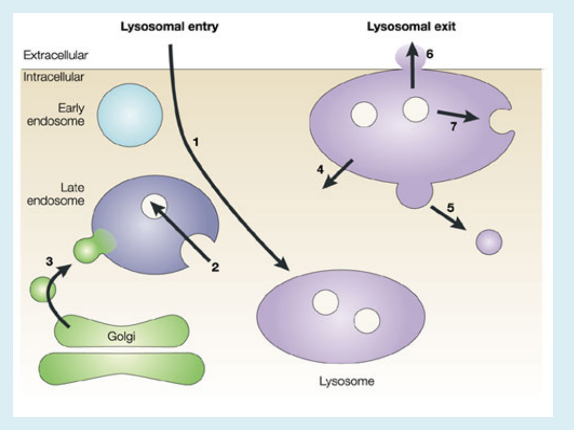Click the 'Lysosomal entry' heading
(170, 27)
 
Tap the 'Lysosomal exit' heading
(411, 27)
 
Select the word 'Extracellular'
(56, 55)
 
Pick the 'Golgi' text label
(122, 337)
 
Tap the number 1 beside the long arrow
(196, 142)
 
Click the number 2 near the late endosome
(215, 267)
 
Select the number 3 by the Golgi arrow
(48, 261)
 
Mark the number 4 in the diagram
(320, 170)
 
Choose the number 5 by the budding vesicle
(450, 208)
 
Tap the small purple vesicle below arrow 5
(488, 242)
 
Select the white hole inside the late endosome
(154, 205)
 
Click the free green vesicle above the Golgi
(43, 289)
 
